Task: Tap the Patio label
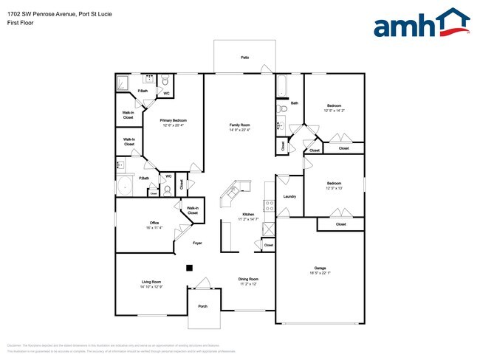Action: tap(244, 57)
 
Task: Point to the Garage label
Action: tap(320, 269)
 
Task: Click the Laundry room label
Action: tap(289, 196)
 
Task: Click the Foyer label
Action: tap(197, 243)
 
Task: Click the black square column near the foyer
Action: tap(190, 268)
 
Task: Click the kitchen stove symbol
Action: tap(270, 209)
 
